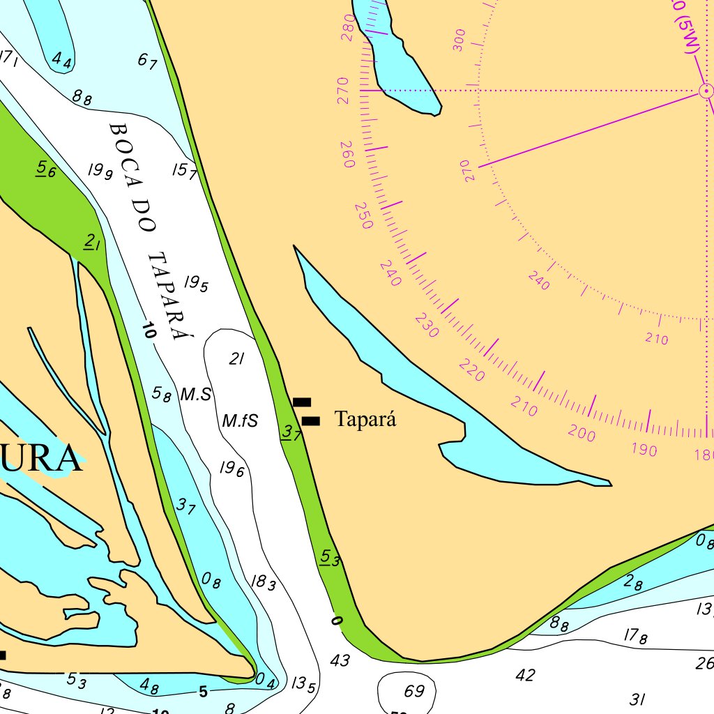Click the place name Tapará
365,420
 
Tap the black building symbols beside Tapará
306,412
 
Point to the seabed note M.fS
240,421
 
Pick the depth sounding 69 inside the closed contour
414,692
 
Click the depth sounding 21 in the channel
237,359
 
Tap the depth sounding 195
196,283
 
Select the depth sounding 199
100,170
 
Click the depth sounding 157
184,171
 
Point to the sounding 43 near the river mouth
340,660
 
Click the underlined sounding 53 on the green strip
330,558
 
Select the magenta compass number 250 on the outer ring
363,215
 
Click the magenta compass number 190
644,450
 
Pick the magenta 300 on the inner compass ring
458,41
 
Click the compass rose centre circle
706,91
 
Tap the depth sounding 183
263,582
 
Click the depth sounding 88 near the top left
82,98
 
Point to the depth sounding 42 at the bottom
525,675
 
